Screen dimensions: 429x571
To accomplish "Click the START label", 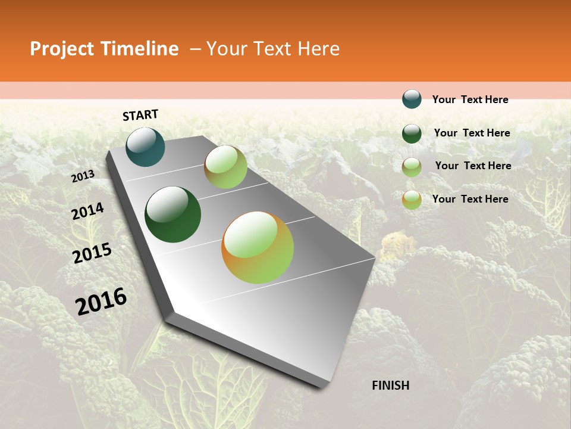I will pos(140,115).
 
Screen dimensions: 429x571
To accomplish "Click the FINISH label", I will pos(390,386).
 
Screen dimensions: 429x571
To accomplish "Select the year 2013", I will pos(83,176).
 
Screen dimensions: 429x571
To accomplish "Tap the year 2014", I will pos(87,212).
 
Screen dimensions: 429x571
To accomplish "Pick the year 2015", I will pos(92,254).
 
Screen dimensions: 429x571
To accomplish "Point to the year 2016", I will pos(101,301).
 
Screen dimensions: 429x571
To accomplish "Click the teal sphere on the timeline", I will pos(146,147).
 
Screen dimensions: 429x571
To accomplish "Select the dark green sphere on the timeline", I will pos(172,214).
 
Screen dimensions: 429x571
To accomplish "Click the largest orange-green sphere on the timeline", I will pos(258,247).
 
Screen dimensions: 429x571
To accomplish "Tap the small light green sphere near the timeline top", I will pos(225,167).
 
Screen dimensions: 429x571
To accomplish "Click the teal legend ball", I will pos(412,99).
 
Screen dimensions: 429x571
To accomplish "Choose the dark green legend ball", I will pos(412,133).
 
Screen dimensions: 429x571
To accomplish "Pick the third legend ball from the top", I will pos(412,167).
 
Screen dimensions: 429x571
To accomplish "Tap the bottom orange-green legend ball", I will pos(412,200).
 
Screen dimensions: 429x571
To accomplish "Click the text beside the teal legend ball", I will pos(470,100).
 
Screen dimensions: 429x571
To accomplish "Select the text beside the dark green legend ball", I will pos(472,133).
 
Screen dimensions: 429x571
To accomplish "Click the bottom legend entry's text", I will pos(470,199).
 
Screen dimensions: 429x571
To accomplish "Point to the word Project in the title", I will pos(61,49).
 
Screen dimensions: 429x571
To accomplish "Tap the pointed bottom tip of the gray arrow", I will pos(321,386).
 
